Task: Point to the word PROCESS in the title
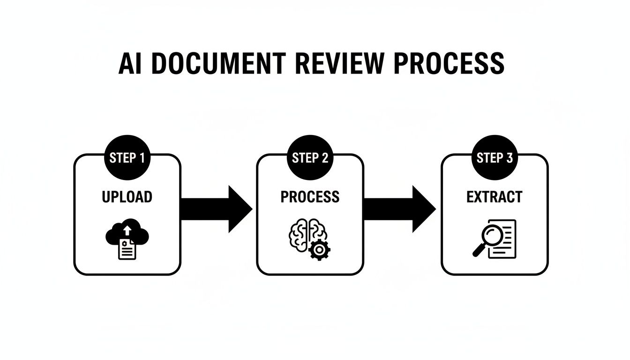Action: [x=449, y=64]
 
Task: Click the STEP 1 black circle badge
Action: [x=127, y=158]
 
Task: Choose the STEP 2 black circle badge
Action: [x=310, y=158]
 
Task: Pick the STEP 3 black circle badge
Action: [x=495, y=158]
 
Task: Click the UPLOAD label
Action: [x=127, y=197]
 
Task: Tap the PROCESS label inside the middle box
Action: [x=310, y=197]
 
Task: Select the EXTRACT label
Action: [x=495, y=197]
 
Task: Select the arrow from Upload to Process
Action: [x=216, y=209]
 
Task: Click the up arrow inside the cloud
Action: [x=127, y=230]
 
